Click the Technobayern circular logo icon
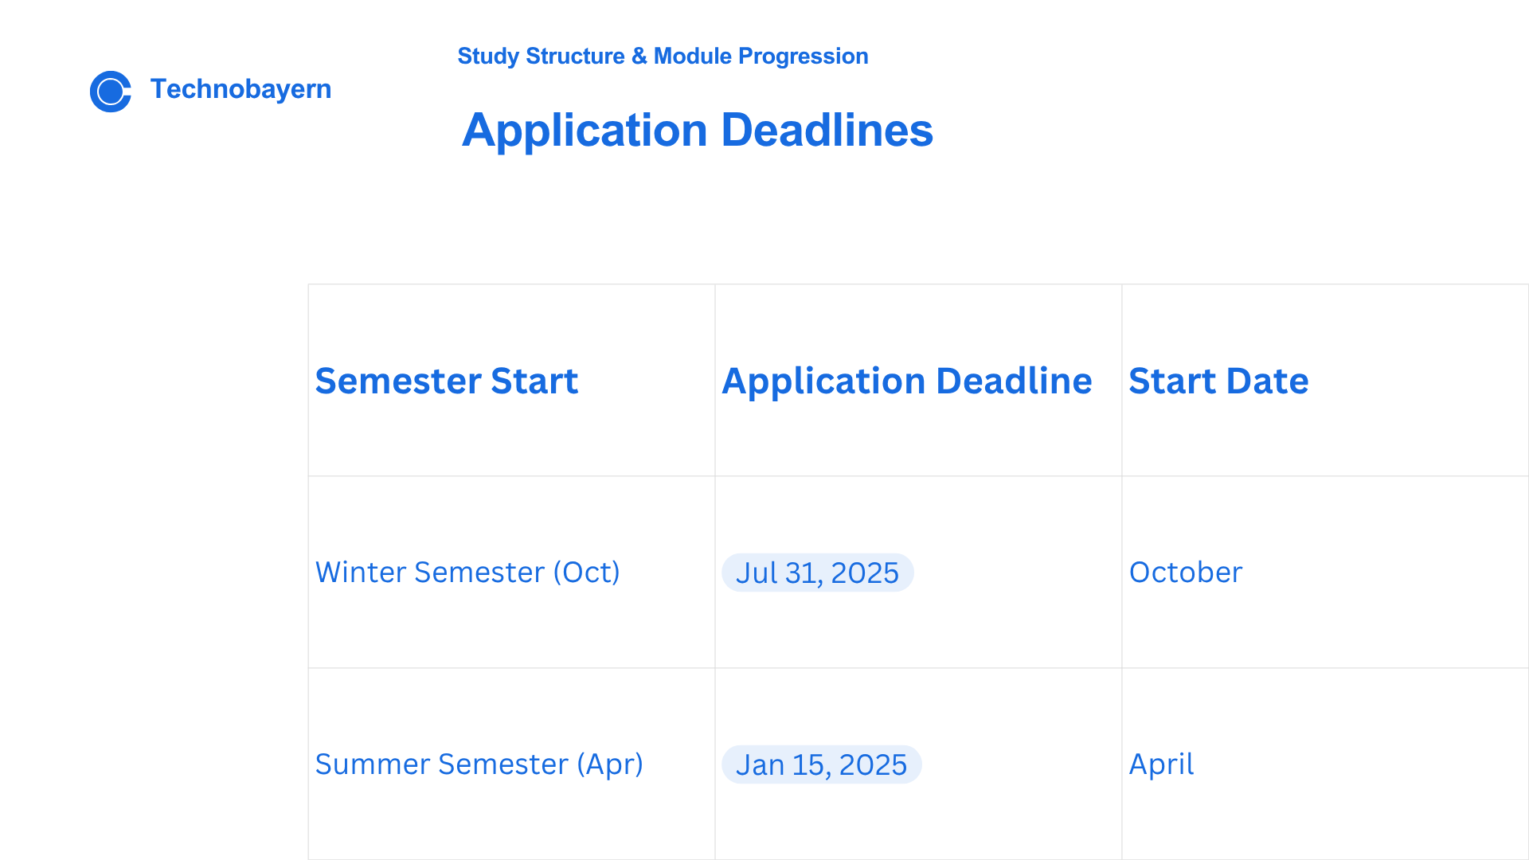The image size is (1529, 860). pos(111,92)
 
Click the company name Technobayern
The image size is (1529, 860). pos(240,89)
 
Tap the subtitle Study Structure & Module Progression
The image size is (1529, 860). pos(663,57)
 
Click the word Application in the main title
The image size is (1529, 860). pos(585,131)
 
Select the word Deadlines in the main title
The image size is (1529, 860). pos(827,130)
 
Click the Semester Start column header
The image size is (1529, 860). pos(446,381)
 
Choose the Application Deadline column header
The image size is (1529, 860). pos(906,381)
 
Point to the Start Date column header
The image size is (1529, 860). pos(1218,381)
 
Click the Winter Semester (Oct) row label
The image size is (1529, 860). pos(467,573)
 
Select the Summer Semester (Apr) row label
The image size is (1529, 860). pos(479,764)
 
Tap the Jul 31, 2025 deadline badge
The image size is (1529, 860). pos(817,573)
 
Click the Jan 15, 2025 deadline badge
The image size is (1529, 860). pos(821,764)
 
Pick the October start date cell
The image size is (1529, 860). pos(1186,573)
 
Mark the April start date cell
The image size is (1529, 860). pos(1161,764)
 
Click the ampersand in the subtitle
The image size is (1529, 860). pos(639,57)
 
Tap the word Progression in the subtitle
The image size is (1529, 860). pos(803,57)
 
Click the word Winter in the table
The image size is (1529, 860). pos(361,573)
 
